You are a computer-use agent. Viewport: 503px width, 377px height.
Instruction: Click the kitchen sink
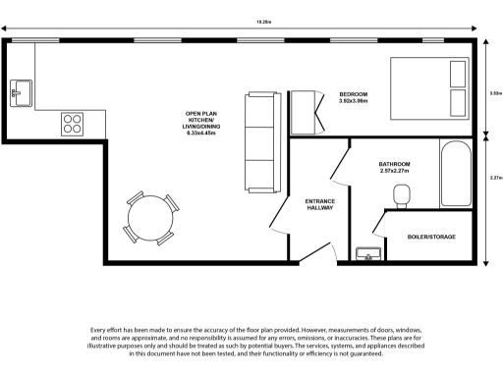21,93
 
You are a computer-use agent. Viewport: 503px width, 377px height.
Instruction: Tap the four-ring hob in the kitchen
72,123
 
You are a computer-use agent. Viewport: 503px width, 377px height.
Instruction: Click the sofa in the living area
262,141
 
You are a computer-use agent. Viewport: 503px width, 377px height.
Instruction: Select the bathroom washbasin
368,254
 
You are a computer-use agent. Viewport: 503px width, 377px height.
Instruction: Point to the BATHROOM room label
394,164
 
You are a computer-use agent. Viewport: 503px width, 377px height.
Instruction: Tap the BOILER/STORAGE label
431,237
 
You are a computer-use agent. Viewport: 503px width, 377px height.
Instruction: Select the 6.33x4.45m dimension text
200,134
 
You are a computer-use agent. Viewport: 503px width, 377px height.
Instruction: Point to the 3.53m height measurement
495,93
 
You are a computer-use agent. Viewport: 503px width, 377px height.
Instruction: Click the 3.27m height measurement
495,178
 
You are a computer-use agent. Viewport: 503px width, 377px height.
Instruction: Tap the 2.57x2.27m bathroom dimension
394,171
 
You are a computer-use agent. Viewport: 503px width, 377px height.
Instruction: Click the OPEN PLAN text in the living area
200,114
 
